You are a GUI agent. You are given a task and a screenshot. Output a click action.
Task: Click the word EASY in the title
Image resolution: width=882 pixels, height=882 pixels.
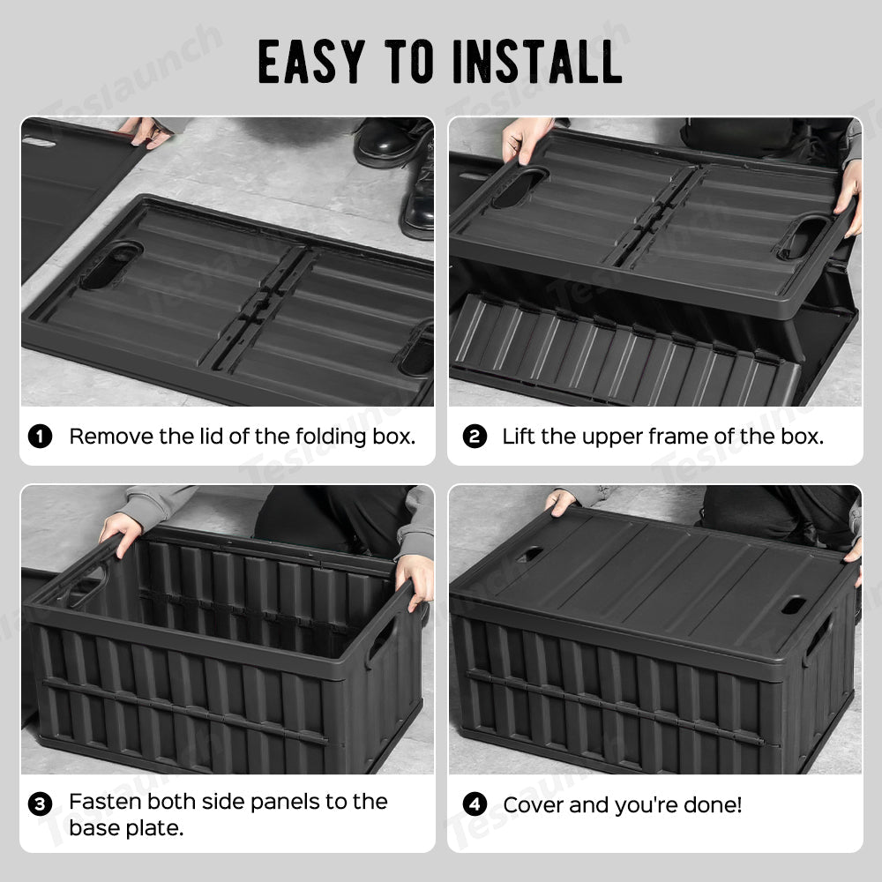tap(310, 62)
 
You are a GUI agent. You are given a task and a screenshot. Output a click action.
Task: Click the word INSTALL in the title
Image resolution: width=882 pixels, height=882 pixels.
tap(535, 62)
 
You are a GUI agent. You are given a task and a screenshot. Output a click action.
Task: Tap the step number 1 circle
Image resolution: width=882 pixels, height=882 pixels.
tap(41, 437)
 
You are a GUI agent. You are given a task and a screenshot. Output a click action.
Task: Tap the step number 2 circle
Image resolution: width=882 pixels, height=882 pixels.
tap(475, 437)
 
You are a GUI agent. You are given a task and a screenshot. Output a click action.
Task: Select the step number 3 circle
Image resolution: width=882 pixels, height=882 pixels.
tap(41, 804)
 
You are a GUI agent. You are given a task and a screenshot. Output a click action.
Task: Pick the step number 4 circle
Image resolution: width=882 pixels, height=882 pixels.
tap(475, 804)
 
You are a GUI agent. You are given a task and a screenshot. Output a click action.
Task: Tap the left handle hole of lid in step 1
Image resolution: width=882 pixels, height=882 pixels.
tap(111, 265)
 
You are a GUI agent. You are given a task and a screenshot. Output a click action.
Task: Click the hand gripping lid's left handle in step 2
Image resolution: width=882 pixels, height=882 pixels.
tap(526, 141)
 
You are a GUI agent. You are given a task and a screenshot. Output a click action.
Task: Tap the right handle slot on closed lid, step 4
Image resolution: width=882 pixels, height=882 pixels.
tap(793, 607)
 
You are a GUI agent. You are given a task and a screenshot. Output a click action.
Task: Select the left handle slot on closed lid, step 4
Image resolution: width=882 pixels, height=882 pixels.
tap(530, 555)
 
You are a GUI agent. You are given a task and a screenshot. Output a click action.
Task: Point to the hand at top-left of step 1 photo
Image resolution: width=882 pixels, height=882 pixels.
tap(146, 131)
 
